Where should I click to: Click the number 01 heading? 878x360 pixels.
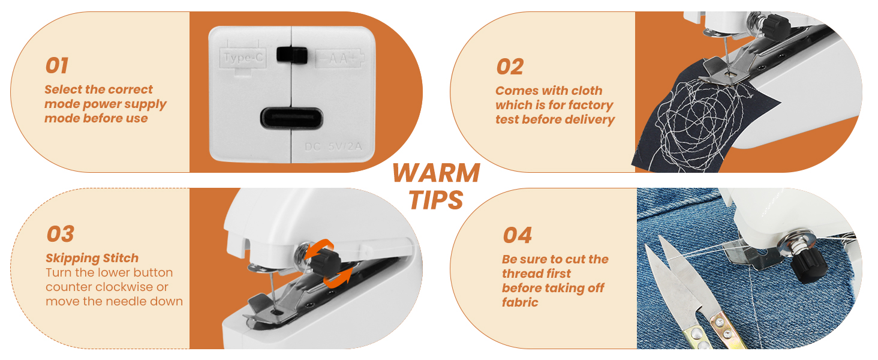(x=57, y=65)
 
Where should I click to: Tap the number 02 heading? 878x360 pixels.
(x=510, y=67)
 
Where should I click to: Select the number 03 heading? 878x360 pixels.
(x=60, y=234)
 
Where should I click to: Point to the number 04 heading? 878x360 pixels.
(x=517, y=235)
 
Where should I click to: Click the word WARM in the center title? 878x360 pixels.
(x=436, y=173)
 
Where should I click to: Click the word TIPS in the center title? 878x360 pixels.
(x=436, y=200)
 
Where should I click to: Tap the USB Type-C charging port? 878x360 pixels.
(x=291, y=117)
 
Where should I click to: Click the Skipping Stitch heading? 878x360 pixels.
(x=92, y=258)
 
